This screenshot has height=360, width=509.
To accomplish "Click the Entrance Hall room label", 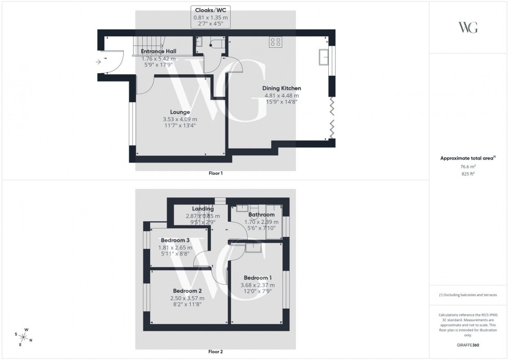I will click(x=158, y=51).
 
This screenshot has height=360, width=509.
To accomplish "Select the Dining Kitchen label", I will click(x=282, y=88).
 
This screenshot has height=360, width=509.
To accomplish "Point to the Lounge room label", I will click(x=180, y=112).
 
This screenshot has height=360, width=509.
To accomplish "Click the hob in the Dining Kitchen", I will click(x=275, y=43).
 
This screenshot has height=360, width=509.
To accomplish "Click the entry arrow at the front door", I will click(x=99, y=62).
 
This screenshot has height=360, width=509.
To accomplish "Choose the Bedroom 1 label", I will click(x=257, y=277).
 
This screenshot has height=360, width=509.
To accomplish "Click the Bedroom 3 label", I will click(x=175, y=240).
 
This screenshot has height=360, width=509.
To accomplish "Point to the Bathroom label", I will click(x=261, y=214).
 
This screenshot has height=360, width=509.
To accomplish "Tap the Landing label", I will click(x=203, y=209).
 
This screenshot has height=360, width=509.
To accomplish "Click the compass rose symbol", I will click(x=24, y=337).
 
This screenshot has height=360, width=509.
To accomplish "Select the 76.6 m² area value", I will click(x=468, y=167).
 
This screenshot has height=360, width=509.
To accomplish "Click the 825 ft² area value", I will click(x=468, y=174).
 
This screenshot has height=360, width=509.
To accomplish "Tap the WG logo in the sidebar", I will click(x=468, y=27).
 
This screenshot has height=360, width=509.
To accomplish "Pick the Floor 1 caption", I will click(x=215, y=173).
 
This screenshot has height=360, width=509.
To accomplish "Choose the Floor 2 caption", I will click(x=215, y=352).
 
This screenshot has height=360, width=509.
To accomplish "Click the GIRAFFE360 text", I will click(x=468, y=344).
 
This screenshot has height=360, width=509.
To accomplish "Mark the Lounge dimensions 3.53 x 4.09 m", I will click(x=180, y=119).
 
